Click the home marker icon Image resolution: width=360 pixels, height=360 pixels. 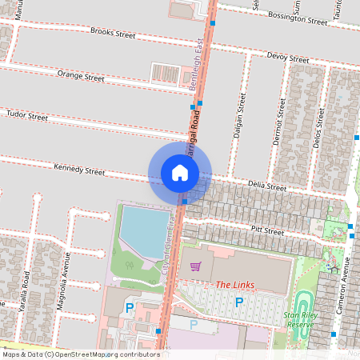click(x=180, y=172)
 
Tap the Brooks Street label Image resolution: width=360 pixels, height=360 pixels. click(x=113, y=33)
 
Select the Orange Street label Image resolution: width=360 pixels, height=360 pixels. click(x=81, y=77)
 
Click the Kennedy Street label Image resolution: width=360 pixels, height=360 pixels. click(x=79, y=170)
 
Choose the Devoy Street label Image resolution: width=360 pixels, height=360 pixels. click(x=287, y=58)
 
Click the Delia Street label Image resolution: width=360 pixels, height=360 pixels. click(x=266, y=186)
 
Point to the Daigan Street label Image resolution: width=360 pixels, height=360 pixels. click(x=238, y=116)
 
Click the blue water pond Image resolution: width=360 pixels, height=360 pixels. click(x=145, y=230)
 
